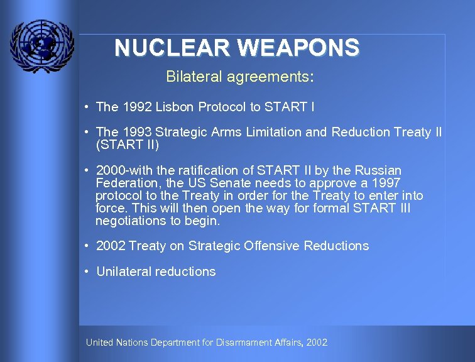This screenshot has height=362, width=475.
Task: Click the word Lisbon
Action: point(177,107)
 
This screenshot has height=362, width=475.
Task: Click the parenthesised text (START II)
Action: point(128,145)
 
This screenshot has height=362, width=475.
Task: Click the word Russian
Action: point(378,170)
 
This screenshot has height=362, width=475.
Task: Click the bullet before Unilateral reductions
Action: point(85,271)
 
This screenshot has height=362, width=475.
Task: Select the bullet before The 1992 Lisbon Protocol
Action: point(85,107)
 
